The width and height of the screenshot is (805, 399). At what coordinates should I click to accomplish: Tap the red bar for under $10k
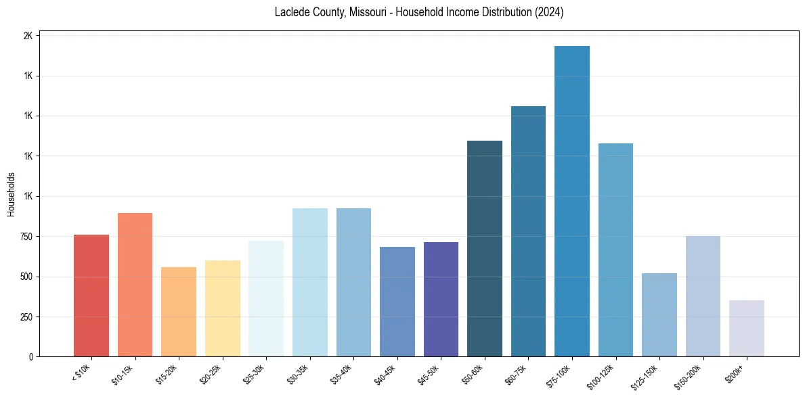[x=91, y=296]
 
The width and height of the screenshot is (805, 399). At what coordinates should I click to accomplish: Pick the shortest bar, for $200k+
[x=747, y=328]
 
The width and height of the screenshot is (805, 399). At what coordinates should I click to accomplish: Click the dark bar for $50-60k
[x=485, y=248]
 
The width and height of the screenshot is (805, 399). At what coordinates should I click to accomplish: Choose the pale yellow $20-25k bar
[x=222, y=308]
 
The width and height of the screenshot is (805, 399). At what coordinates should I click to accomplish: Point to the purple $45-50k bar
[x=441, y=299]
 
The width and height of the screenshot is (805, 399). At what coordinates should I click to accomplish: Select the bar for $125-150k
[x=659, y=314]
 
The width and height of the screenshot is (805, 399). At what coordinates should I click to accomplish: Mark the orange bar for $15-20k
[x=179, y=312]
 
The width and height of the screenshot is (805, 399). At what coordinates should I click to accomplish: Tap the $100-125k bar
[x=615, y=250]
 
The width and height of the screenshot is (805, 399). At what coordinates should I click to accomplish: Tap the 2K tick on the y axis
[x=28, y=36]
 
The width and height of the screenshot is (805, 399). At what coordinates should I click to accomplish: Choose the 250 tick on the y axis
[x=25, y=316]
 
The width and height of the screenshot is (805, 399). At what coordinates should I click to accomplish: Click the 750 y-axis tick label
[x=25, y=237]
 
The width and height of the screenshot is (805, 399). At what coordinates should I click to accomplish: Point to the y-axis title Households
[x=11, y=194]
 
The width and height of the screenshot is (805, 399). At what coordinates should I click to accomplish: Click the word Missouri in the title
[x=368, y=12]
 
